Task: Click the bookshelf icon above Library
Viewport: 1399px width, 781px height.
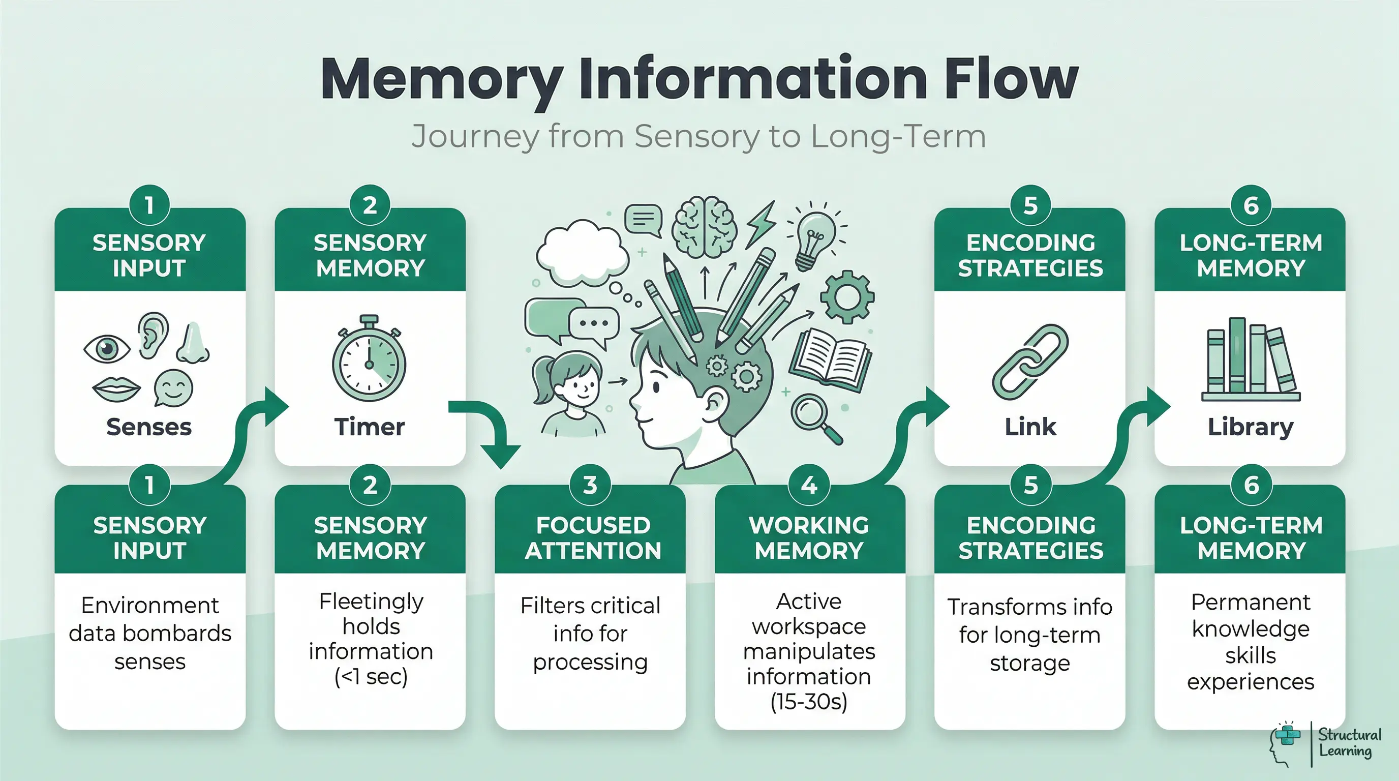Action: [x=1250, y=359]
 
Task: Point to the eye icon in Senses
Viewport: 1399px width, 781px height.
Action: [x=106, y=348]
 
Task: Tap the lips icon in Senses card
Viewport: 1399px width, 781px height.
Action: [x=116, y=389]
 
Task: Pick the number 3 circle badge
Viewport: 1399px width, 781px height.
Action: [x=590, y=485]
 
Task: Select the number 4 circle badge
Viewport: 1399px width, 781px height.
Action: [x=809, y=485]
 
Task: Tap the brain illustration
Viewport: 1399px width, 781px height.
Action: [x=705, y=227]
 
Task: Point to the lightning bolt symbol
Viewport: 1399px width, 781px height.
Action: [x=761, y=224]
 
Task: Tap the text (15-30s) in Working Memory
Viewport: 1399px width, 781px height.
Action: [x=809, y=702]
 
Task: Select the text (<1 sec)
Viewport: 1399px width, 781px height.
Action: [x=371, y=677]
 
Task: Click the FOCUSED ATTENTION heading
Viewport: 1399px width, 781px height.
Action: [x=592, y=537]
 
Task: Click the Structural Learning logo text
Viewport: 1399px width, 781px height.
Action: [x=1349, y=743]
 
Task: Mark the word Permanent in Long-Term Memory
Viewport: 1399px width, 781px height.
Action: [x=1250, y=602]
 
